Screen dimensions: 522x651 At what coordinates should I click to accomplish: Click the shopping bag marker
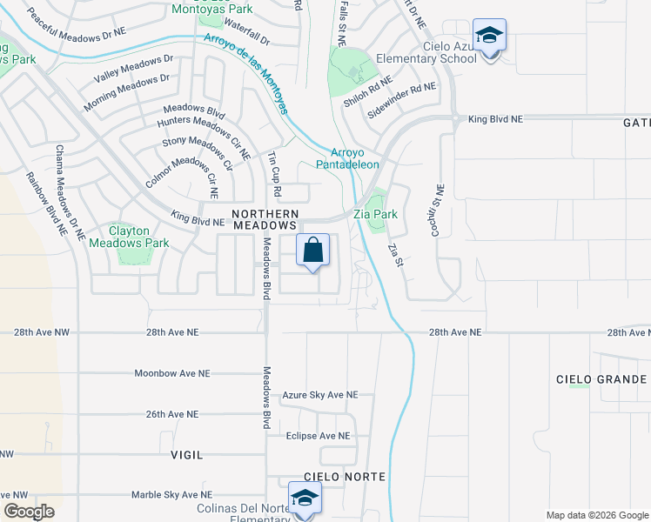point(313,251)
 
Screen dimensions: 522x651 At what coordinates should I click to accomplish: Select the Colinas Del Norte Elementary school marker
point(305,499)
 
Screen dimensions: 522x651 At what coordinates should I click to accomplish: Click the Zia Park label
point(375,213)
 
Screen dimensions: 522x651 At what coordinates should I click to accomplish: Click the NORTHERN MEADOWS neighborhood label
point(265,218)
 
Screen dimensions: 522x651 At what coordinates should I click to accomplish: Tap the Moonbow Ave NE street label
point(172,373)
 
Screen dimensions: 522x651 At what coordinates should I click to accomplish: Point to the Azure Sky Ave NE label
point(319,395)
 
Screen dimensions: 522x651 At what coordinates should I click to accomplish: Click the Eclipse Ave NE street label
point(318,436)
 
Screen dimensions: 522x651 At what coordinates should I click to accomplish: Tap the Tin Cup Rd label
point(274,172)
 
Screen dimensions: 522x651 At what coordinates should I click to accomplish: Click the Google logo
point(29,512)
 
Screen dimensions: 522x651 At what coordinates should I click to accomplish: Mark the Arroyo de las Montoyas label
point(246,74)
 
